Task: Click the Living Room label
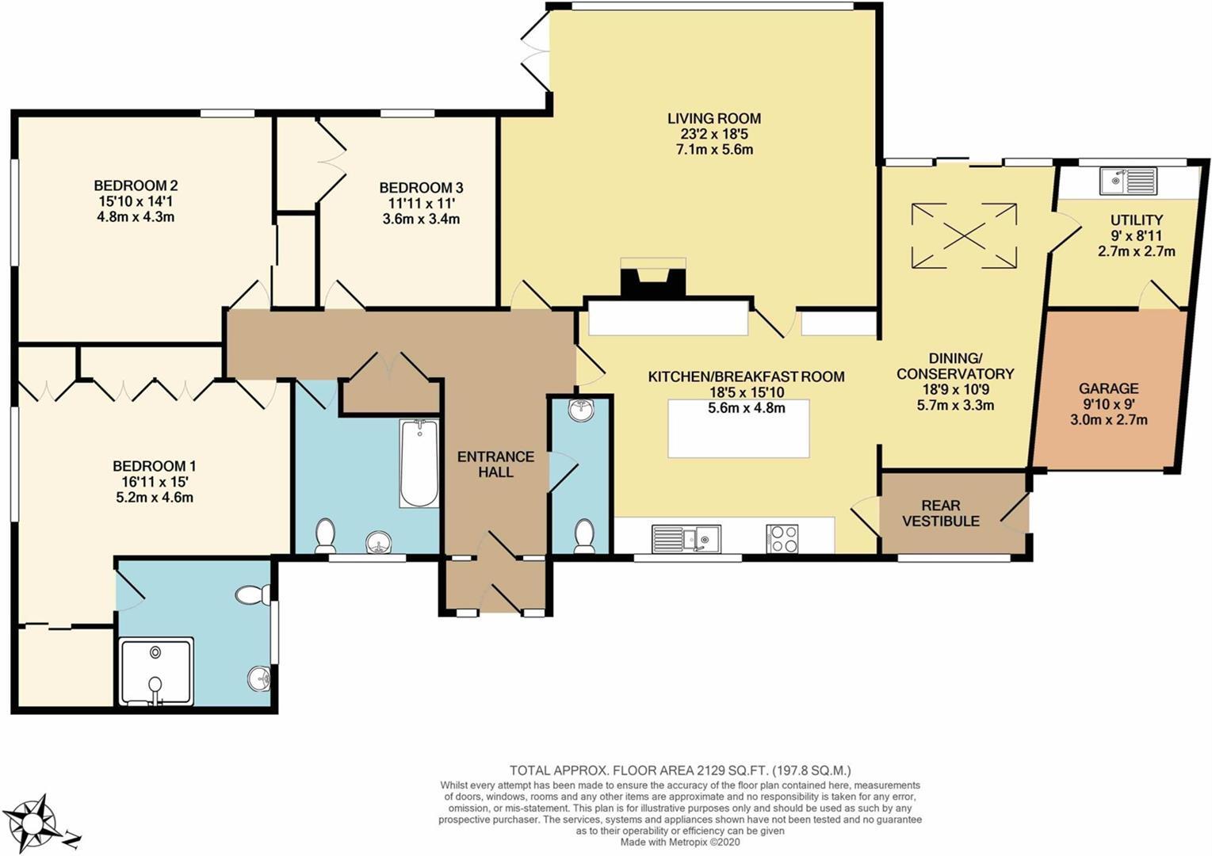point(713,119)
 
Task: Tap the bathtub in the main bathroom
point(419,464)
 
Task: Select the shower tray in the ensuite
point(156,671)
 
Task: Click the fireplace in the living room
point(652,281)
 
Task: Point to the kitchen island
point(738,429)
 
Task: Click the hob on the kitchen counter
point(782,538)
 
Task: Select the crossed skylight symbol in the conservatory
point(963,235)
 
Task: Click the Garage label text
point(1108,388)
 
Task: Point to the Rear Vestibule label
point(941,513)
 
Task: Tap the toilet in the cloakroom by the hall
point(584,536)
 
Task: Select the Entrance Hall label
point(495,464)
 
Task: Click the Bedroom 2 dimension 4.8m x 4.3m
point(134,216)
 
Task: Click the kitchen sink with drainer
point(686,539)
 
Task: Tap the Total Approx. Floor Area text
point(680,770)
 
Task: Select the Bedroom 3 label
point(421,188)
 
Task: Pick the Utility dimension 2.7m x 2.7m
point(1136,251)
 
